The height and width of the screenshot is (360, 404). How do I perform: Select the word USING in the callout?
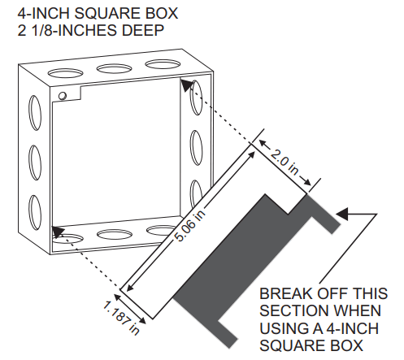point(282,328)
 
